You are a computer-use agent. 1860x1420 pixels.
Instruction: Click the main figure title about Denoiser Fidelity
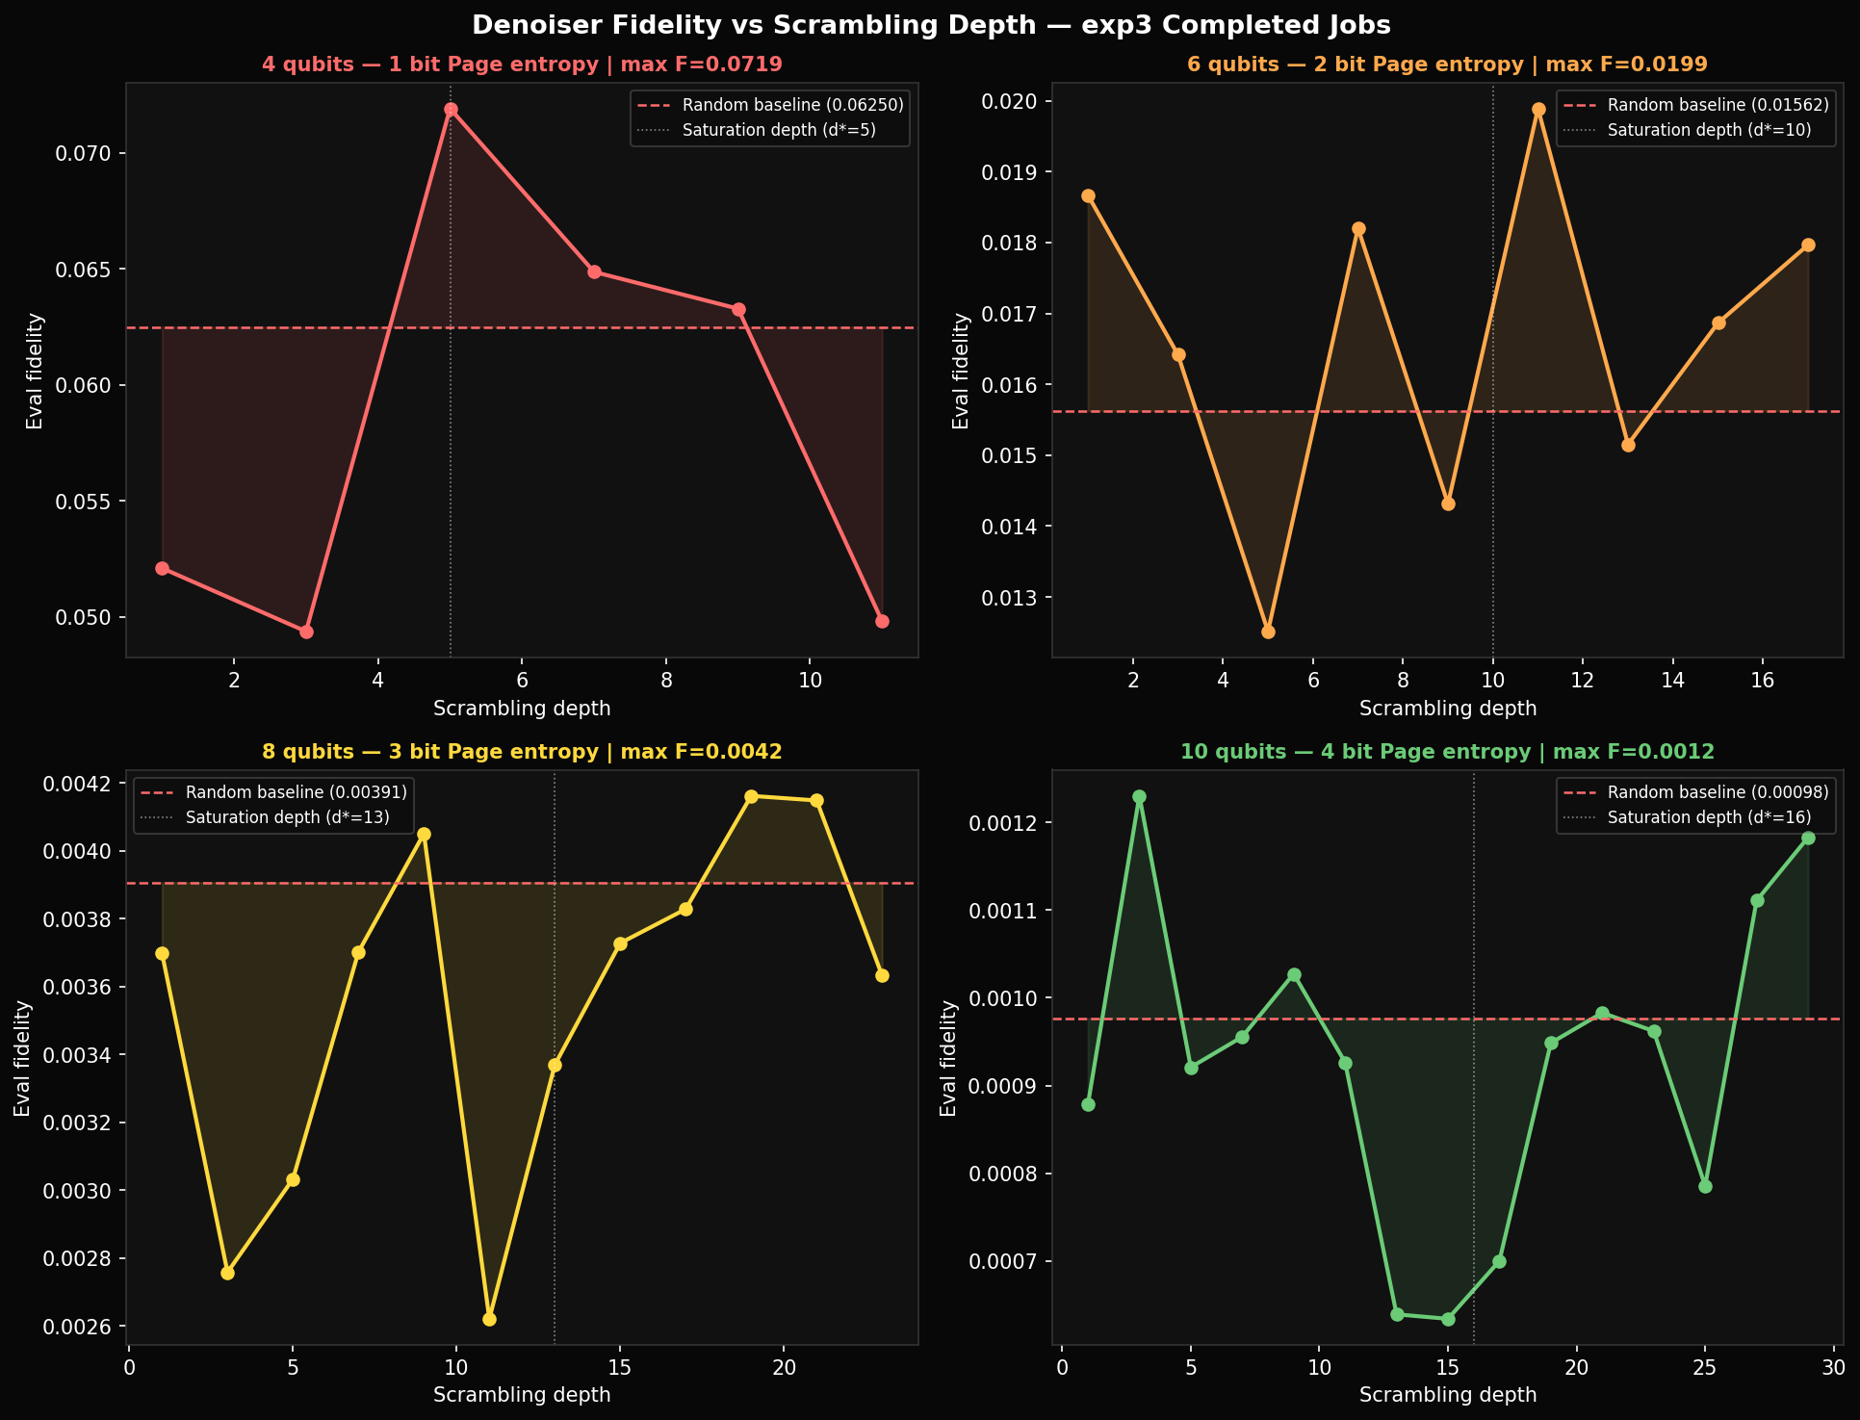click(930, 25)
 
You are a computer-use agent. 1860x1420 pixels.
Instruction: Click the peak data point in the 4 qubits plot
click(451, 110)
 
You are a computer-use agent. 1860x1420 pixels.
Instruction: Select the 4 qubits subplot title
click(521, 65)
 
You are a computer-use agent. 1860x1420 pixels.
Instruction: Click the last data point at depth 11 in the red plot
click(882, 621)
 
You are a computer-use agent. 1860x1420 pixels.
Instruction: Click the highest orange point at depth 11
click(1538, 110)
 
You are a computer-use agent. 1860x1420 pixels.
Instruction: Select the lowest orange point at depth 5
click(1268, 632)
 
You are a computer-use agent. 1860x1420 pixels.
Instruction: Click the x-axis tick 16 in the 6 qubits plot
click(1762, 679)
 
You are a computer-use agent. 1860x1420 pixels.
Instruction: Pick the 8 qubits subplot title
click(521, 752)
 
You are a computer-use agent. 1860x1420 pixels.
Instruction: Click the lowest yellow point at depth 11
click(489, 1319)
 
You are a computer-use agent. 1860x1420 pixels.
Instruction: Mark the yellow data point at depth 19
click(751, 796)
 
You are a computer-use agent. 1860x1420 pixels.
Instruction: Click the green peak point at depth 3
click(1139, 797)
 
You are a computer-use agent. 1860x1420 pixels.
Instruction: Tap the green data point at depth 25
click(1705, 1186)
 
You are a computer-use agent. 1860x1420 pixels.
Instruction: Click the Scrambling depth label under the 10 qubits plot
click(1447, 1394)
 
